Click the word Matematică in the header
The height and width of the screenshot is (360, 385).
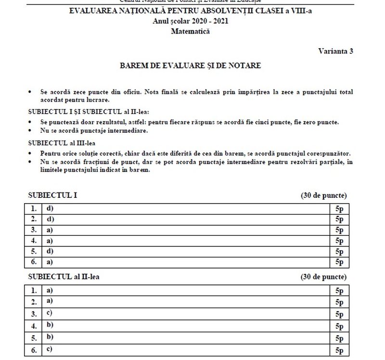click(x=190, y=32)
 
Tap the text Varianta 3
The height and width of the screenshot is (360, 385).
click(x=335, y=51)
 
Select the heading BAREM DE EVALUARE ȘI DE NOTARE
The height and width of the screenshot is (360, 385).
click(x=190, y=65)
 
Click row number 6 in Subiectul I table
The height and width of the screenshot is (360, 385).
click(x=34, y=262)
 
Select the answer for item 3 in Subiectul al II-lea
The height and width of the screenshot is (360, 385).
click(x=50, y=313)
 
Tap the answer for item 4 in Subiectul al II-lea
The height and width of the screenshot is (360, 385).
click(x=50, y=326)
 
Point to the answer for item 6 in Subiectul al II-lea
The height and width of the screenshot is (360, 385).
click(x=50, y=350)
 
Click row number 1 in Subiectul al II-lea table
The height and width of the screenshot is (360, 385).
click(x=34, y=291)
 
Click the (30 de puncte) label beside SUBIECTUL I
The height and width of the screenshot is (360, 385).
click(x=323, y=195)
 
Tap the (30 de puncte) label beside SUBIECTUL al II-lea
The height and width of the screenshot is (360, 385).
click(x=323, y=277)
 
